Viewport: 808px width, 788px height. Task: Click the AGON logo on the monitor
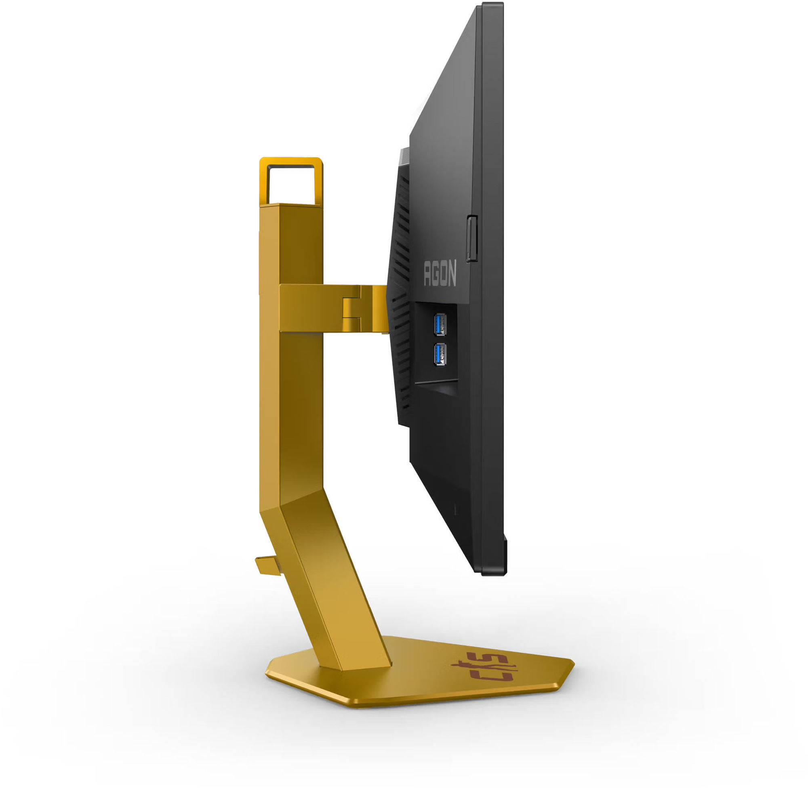tap(440, 273)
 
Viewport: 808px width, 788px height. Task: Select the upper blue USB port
tap(439, 325)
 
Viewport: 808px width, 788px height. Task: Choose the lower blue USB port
tap(439, 355)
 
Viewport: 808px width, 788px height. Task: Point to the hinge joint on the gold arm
tap(352, 308)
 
